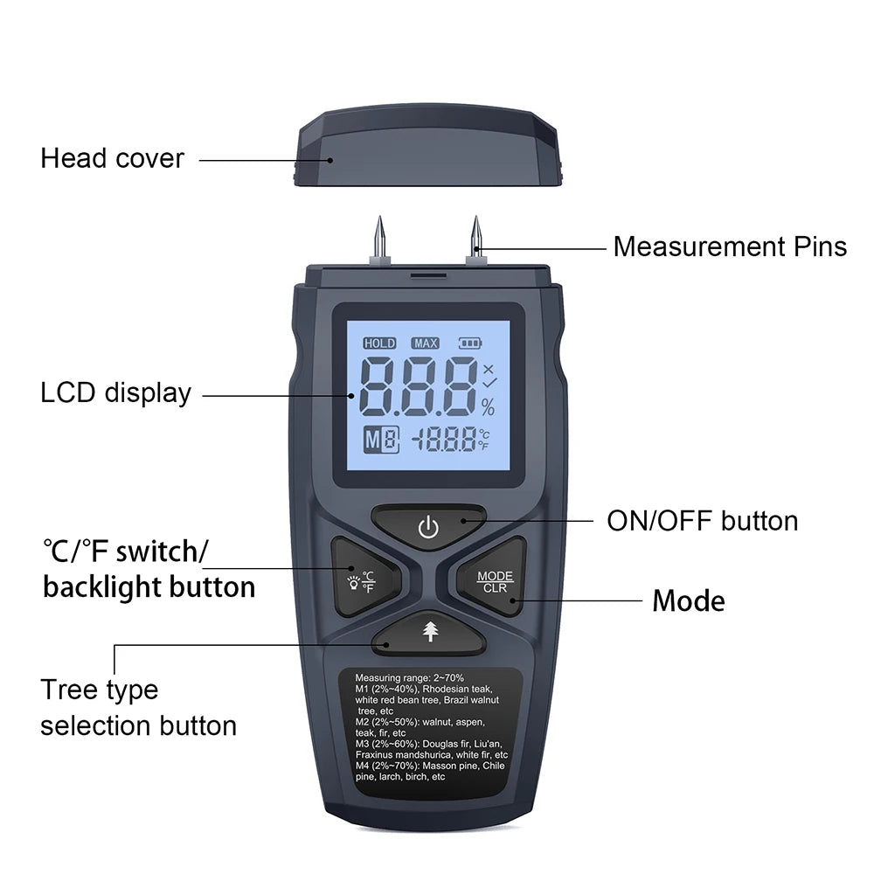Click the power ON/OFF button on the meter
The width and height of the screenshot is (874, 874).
click(427, 527)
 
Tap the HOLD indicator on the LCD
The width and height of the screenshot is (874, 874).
click(379, 343)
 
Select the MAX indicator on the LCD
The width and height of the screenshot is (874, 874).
click(426, 343)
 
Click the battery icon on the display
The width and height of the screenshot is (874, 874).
click(470, 343)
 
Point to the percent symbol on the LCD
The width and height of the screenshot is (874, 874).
click(487, 407)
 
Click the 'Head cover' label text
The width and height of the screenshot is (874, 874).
click(112, 159)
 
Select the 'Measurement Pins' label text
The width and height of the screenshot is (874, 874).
click(729, 246)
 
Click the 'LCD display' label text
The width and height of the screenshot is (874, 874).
click(115, 393)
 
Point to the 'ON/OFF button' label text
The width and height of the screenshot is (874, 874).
click(702, 522)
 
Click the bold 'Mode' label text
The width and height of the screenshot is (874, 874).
click(689, 601)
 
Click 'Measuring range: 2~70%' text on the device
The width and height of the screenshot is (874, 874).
click(409, 678)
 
